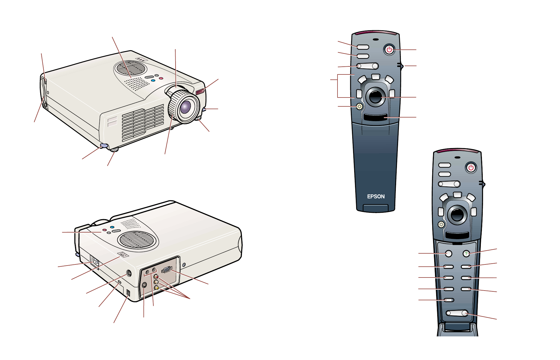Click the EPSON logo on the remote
376,196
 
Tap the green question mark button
466,254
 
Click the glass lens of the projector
186,107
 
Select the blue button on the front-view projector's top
153,81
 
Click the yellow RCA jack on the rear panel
156,288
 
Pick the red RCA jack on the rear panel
156,277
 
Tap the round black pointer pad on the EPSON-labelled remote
375,96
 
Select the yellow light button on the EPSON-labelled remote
359,106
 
